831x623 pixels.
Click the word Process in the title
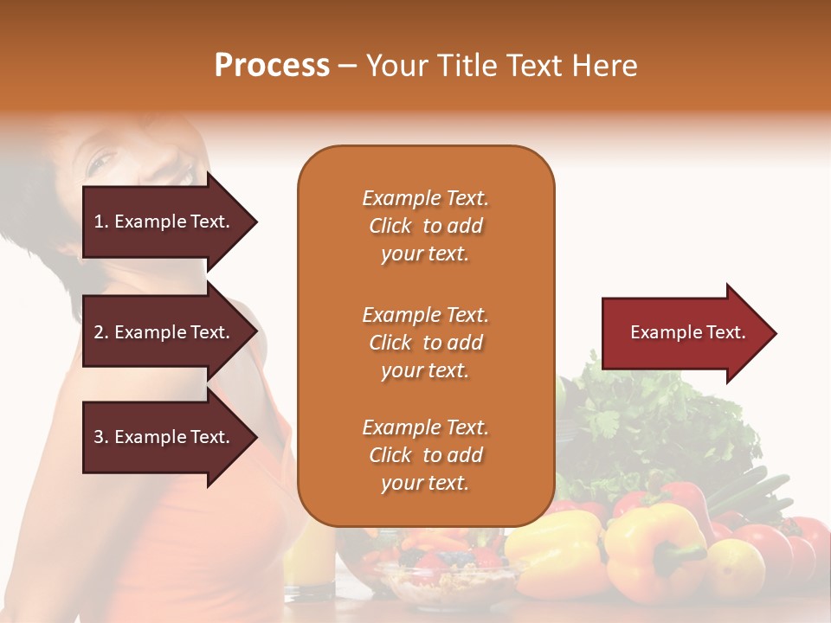272,66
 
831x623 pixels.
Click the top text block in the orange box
425,226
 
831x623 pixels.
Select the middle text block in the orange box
425,343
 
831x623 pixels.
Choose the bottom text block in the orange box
425,455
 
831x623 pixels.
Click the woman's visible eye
102,160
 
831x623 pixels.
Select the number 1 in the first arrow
98,222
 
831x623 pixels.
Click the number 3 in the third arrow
98,437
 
